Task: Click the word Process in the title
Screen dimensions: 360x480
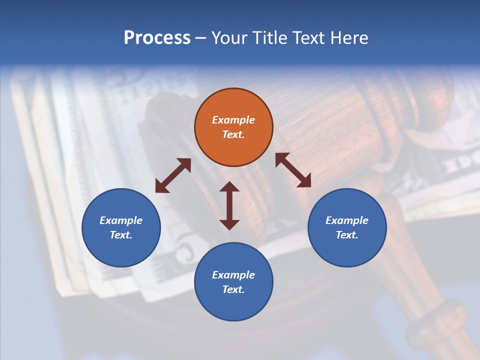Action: pos(157,38)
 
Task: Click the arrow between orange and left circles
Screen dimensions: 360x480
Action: pos(173,175)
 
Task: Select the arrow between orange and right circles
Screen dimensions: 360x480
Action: pos(293,170)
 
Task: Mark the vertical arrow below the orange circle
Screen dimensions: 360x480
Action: pos(229,205)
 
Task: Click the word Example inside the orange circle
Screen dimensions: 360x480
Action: pos(233,120)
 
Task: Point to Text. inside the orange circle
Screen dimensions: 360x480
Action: pos(233,134)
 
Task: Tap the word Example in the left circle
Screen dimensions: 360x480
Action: pos(121,220)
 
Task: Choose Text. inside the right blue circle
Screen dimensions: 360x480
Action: pos(347,235)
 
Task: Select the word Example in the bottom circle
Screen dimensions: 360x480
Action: pos(233,275)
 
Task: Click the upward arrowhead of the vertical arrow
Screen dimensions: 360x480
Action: pos(229,186)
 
